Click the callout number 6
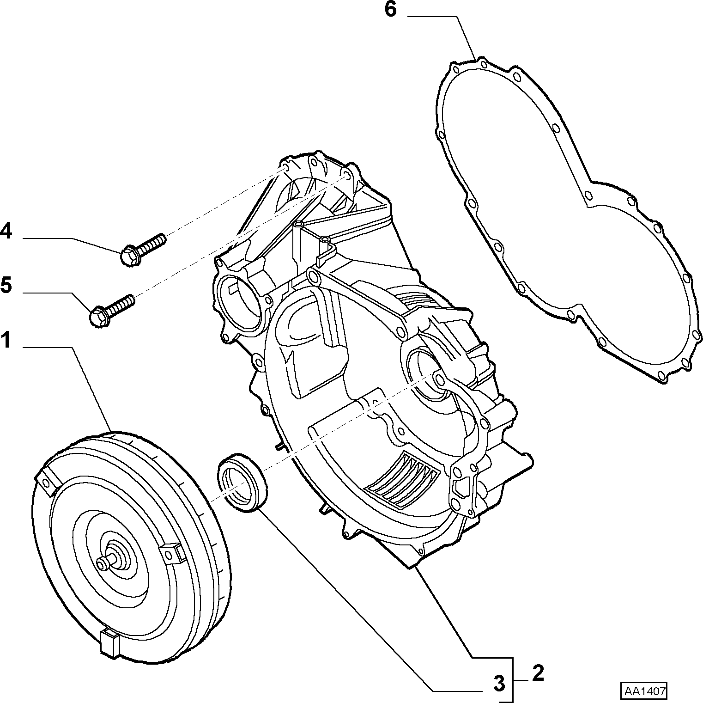[390, 9]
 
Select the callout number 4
[6, 231]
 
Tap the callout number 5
[6, 285]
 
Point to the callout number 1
[6, 341]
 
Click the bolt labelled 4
[142, 250]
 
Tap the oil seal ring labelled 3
[242, 483]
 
